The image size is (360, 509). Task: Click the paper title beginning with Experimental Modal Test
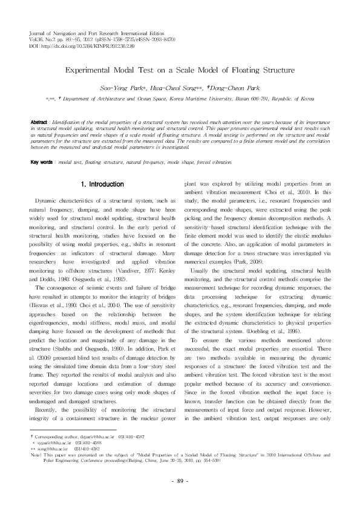[x=180, y=71]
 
